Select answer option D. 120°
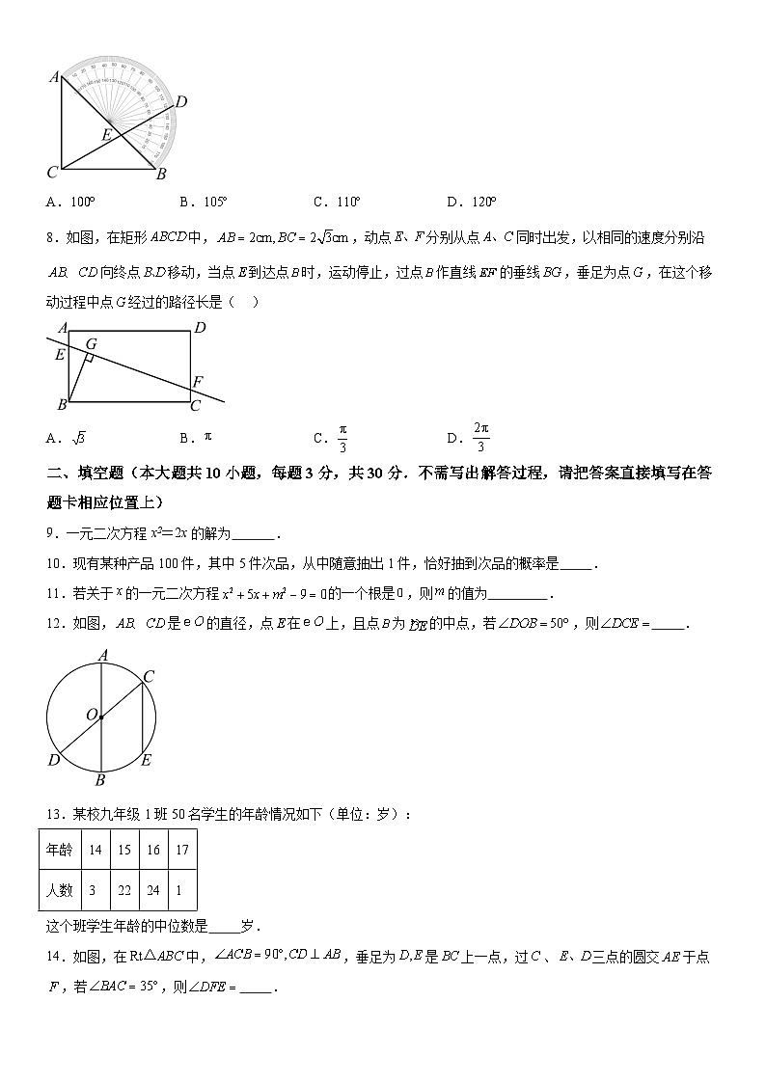(x=471, y=202)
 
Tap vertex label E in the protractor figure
(x=106, y=135)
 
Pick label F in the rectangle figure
(x=198, y=381)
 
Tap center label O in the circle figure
(x=92, y=715)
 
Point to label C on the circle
(x=149, y=676)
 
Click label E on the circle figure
(x=146, y=760)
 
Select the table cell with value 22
(x=124, y=890)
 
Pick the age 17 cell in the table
(x=182, y=850)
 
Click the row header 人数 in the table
(x=59, y=890)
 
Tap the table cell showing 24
(x=153, y=890)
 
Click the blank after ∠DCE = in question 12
(x=668, y=624)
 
